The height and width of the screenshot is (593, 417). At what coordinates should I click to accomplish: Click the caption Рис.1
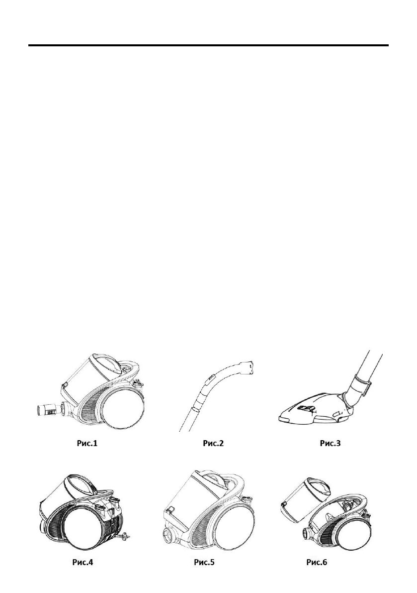87,443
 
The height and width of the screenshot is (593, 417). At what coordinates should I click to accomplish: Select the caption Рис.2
213,443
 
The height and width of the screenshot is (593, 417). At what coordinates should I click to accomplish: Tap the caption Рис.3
330,443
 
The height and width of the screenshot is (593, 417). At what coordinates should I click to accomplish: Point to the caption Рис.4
83,562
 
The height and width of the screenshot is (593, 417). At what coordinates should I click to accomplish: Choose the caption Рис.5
204,562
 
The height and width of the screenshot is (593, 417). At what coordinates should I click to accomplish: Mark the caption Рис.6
317,562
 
